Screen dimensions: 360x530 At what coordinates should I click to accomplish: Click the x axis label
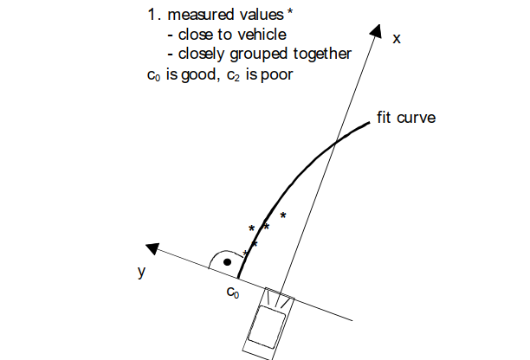click(397, 39)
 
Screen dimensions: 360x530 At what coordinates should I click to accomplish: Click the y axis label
click(140, 271)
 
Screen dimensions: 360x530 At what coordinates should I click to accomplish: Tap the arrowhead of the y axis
click(153, 249)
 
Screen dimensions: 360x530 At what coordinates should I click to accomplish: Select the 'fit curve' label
click(405, 117)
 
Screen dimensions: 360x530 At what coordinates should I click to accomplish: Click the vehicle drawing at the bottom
click(268, 323)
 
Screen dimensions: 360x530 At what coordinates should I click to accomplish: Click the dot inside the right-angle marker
click(226, 260)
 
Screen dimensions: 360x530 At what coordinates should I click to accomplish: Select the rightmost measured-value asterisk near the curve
click(282, 215)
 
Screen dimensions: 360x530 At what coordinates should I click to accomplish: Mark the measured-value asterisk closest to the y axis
click(245, 253)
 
